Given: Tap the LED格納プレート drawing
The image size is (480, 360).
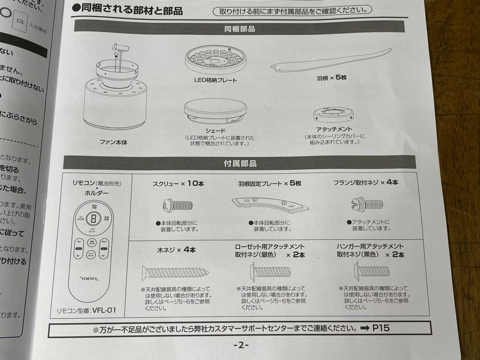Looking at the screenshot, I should pos(216,59).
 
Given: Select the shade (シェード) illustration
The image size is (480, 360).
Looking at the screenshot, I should pos(216,111).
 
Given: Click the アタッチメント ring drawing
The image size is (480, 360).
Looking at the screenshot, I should pos(333,115).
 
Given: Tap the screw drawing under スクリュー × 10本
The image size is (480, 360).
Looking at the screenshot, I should pos(178,205).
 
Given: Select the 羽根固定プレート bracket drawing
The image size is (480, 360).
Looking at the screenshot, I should pos(270,205).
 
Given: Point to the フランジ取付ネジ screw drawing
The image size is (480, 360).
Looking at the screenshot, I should pos(367,204).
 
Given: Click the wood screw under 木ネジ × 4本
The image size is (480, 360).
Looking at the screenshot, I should pos(175,272).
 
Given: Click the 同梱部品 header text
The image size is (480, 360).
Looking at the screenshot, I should pos(240,29).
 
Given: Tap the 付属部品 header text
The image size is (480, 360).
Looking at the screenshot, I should pos(240,164).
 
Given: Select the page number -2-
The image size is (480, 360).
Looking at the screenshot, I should pos(241,345).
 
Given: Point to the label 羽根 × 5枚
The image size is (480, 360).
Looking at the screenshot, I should pos(332,77).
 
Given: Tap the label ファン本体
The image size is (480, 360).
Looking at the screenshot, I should pos(113,143).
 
